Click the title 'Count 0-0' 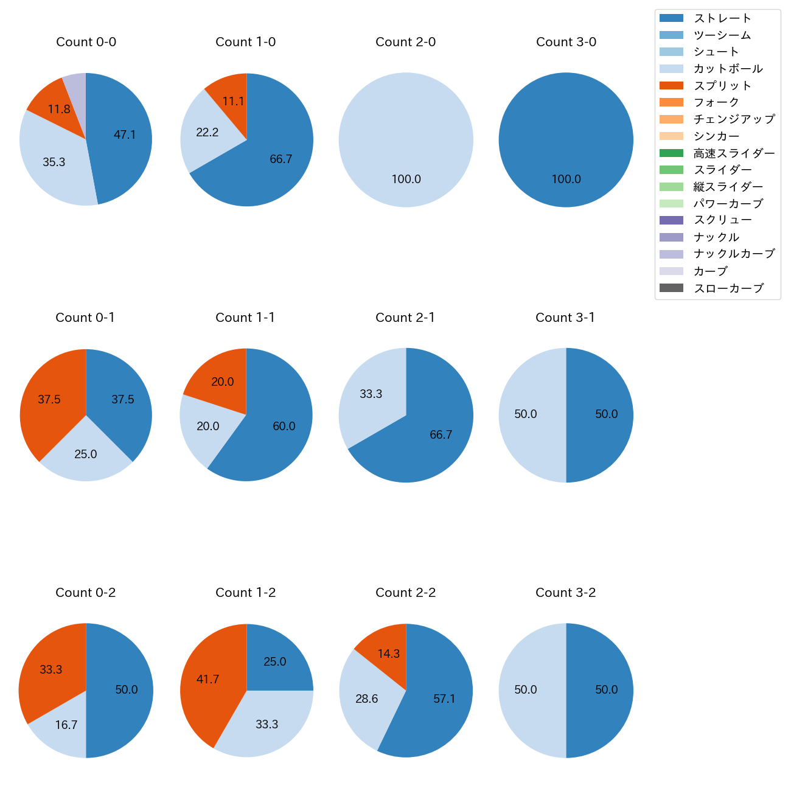click(86, 42)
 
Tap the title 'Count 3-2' click(565, 593)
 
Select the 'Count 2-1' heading click(405, 318)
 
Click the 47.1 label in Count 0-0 click(125, 135)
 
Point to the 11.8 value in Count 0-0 click(59, 110)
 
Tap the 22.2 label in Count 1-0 click(207, 133)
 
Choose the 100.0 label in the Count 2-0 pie click(406, 179)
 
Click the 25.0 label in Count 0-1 click(86, 455)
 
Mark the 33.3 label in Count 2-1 click(371, 394)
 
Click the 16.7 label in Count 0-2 click(66, 725)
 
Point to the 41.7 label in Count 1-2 click(207, 680)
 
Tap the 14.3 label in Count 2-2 click(388, 654)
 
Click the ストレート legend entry click(722, 18)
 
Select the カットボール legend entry click(728, 69)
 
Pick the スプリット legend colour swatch click(671, 86)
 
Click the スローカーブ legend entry click(728, 288)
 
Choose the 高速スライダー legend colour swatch click(671, 153)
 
